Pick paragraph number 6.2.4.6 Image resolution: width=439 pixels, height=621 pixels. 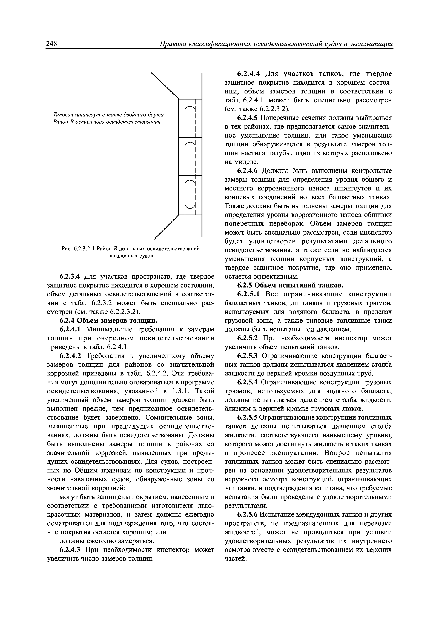(248, 171)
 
